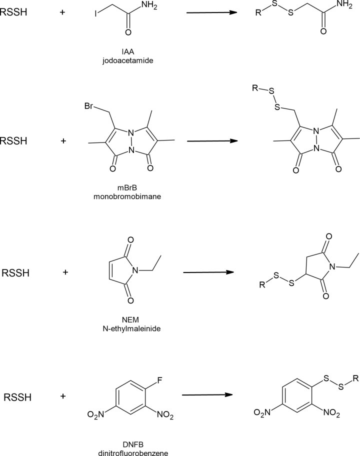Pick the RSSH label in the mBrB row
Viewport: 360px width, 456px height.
[15, 141]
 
